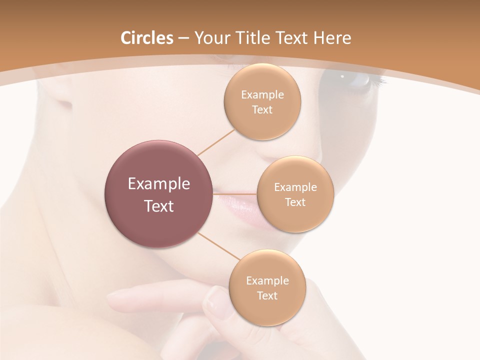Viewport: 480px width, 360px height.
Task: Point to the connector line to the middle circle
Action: [x=235, y=193]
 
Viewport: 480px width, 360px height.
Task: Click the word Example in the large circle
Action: [x=159, y=184]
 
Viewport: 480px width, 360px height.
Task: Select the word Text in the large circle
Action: [x=159, y=206]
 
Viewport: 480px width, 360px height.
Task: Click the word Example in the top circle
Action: [x=262, y=94]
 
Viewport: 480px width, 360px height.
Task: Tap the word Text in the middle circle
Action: [x=295, y=202]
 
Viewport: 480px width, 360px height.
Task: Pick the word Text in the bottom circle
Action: [x=267, y=295]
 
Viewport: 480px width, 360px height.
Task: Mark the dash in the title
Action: [x=183, y=38]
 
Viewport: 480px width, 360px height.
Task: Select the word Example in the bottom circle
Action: [x=267, y=280]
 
